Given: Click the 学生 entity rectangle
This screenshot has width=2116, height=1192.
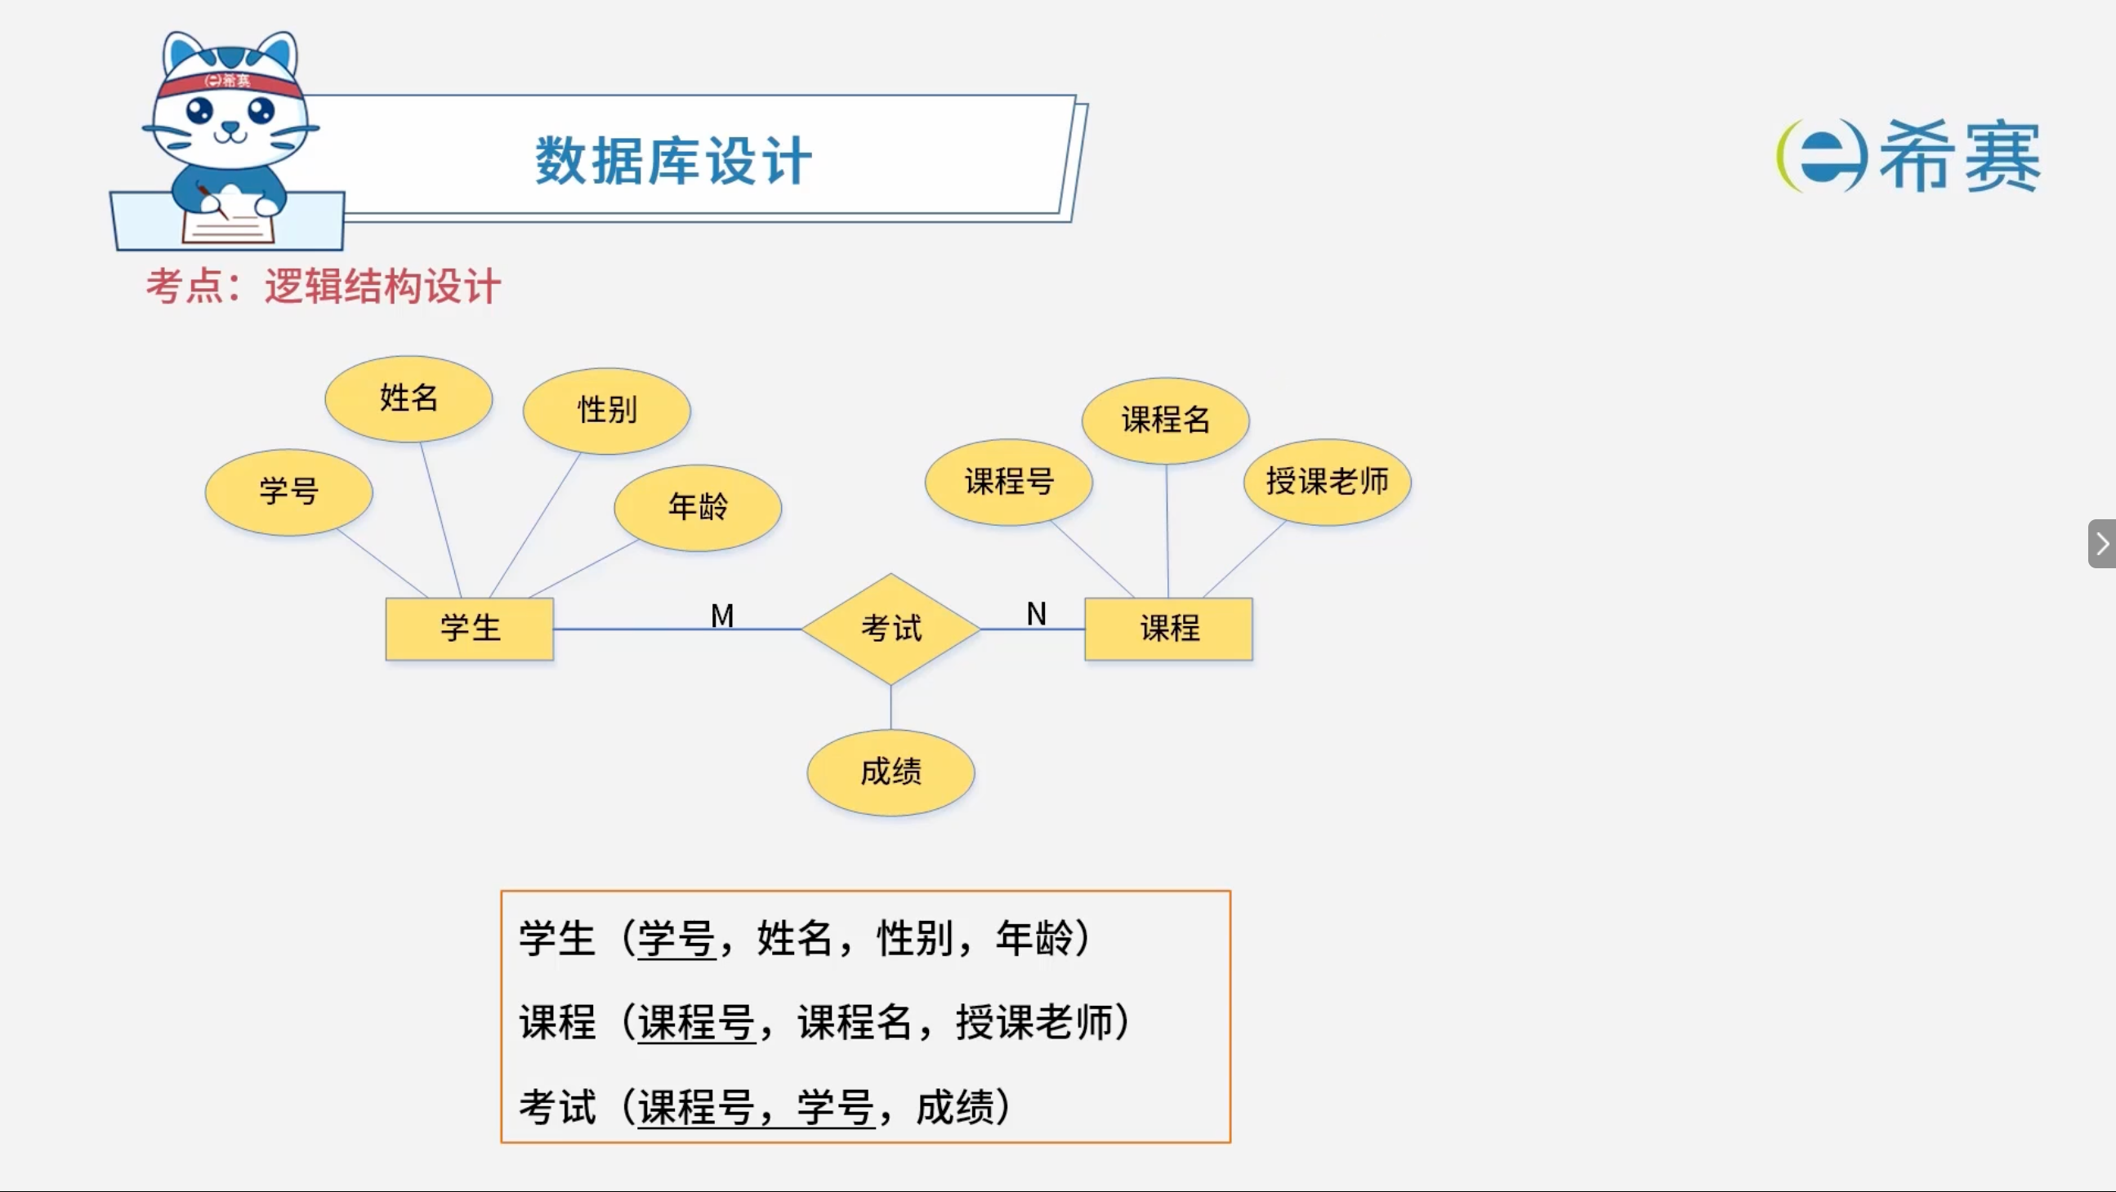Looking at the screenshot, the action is point(470,629).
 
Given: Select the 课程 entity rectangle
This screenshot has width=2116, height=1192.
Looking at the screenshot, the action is point(1169,629).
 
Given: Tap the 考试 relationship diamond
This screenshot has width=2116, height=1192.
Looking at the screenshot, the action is point(891,629).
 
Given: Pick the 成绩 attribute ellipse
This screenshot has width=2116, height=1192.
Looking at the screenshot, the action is point(891,772).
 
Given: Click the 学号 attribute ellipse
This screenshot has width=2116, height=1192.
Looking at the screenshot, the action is point(289,491).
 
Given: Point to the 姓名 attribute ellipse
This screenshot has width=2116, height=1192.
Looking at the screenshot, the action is point(409,399).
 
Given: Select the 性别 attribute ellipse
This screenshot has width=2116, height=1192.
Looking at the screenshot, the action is point(607,411).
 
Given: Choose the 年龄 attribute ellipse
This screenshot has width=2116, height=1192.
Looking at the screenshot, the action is point(699,507).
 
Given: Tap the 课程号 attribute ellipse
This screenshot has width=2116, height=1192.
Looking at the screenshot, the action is point(1009,482).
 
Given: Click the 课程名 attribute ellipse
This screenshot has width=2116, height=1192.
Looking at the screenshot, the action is point(1166,420).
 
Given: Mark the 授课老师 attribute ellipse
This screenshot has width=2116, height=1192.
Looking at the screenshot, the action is point(1328,482).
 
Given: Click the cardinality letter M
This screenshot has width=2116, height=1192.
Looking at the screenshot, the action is point(722,616).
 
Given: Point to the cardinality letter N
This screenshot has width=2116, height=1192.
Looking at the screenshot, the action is point(1037,614).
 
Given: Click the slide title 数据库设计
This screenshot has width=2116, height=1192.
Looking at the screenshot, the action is point(673,161).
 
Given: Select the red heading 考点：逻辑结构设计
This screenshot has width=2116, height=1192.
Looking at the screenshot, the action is point(324,287).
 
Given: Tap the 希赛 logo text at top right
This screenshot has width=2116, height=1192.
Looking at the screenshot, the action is point(1959,156).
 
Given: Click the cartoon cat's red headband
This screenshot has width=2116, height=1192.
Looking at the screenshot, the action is point(230,83).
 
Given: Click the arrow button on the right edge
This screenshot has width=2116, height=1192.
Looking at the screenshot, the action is point(2102,544).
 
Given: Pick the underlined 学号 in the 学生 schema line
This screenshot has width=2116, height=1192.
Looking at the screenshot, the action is point(676,938).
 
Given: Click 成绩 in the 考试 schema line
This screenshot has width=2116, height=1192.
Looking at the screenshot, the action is point(954,1107).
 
